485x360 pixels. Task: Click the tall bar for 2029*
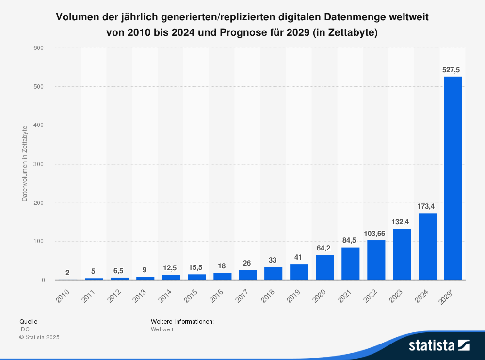453,178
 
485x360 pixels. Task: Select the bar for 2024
427,247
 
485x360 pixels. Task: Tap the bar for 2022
376,260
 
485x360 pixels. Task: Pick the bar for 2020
324,267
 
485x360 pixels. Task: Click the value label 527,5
452,69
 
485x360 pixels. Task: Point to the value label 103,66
376,234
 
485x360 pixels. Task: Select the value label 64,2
324,248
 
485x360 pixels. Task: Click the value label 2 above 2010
67,272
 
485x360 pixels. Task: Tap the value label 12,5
170,268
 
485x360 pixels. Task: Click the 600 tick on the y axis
39,47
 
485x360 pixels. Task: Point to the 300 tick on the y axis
39,164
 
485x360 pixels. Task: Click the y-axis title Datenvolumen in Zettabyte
24,164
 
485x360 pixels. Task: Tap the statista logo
439,345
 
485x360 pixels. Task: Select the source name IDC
24,329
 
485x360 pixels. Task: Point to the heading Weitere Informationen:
182,321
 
